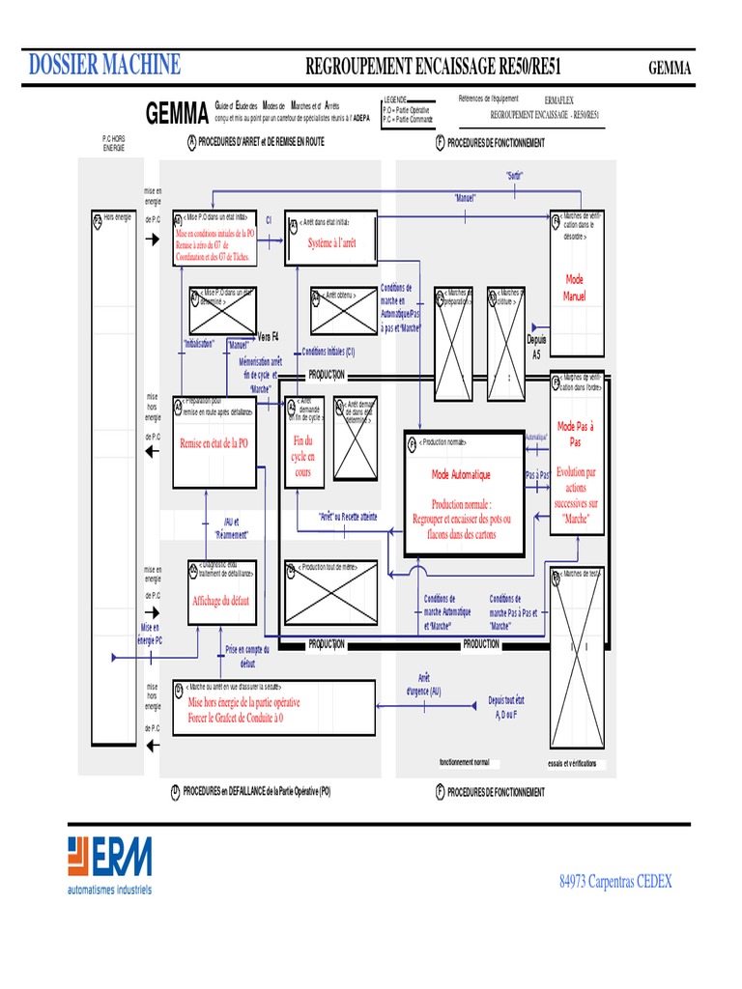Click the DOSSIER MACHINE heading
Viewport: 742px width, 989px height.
104,66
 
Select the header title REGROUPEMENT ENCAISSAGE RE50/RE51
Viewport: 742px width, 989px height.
434,67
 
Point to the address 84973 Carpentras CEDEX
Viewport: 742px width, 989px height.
615,881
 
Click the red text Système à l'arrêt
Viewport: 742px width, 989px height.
331,243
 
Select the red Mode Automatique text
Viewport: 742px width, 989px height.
461,475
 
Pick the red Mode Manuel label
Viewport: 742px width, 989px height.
575,288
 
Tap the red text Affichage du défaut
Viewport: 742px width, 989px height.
220,601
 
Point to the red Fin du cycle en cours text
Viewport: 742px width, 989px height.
303,457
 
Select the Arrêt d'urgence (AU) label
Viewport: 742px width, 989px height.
422,685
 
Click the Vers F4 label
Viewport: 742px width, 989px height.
268,336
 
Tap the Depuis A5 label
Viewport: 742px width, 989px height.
536,347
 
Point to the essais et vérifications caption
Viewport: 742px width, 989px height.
572,763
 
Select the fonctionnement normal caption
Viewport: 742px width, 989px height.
464,762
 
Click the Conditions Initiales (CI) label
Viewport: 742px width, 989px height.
328,353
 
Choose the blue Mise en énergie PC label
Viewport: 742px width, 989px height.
136,634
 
